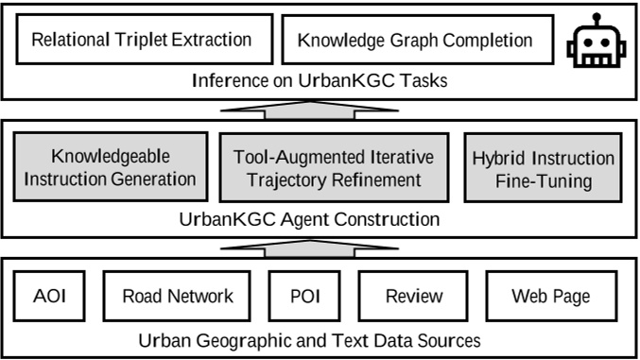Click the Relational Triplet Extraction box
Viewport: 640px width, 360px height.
click(145, 39)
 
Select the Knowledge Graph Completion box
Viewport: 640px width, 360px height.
click(418, 40)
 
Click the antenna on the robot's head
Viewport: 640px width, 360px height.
click(597, 20)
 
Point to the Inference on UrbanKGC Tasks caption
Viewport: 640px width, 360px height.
click(320, 80)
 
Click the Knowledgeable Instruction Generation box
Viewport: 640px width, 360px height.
click(111, 166)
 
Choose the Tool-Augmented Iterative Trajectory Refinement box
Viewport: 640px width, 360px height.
click(334, 167)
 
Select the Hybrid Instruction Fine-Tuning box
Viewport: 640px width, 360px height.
click(543, 167)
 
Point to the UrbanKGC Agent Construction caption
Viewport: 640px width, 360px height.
click(309, 219)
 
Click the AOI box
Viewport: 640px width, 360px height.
click(49, 296)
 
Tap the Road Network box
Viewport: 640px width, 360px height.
click(177, 296)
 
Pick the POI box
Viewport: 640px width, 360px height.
click(304, 296)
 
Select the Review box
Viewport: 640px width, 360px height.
click(413, 296)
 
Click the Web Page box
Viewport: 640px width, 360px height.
click(551, 296)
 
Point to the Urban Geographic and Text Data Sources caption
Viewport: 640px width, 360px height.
click(309, 340)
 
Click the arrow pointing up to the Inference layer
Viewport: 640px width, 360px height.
click(309, 110)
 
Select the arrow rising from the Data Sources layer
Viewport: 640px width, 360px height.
click(309, 249)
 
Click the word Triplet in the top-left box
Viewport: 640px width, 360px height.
click(141, 40)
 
